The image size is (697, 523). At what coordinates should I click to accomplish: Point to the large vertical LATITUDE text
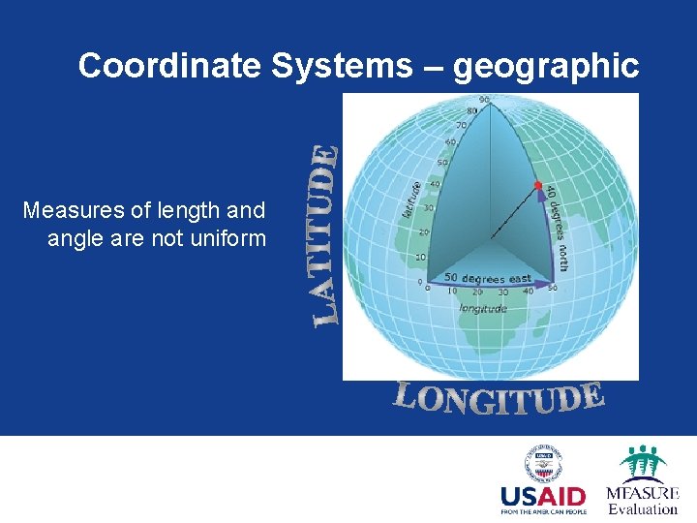coord(326,234)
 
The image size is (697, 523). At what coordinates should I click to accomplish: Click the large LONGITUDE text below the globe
coord(499,398)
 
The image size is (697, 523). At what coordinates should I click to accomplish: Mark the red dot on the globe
coord(537,184)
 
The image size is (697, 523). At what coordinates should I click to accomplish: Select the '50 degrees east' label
coord(481,278)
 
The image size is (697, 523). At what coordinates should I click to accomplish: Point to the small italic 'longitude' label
coord(482,308)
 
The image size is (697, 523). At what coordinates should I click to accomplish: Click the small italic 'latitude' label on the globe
coord(411,199)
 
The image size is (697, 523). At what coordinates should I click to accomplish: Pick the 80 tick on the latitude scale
coord(471,110)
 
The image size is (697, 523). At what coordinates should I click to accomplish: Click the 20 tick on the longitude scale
coord(476,292)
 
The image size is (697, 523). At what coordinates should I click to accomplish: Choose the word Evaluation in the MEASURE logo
coord(643,509)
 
